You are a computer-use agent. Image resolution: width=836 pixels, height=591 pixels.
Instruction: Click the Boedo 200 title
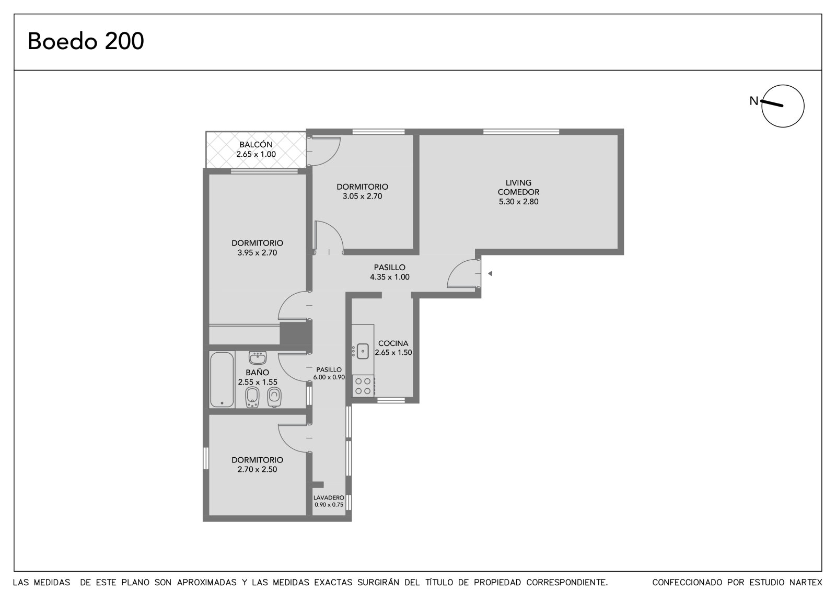tap(86, 41)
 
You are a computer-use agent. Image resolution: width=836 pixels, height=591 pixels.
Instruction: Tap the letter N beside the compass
tap(753, 101)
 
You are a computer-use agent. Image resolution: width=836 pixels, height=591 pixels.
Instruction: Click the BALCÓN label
tap(256, 144)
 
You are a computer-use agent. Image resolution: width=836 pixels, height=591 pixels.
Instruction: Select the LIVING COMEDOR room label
tap(518, 188)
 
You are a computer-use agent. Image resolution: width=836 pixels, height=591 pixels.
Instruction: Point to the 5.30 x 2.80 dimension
tap(518, 202)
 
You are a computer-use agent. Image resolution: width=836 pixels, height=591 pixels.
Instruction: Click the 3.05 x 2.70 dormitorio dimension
tap(363, 196)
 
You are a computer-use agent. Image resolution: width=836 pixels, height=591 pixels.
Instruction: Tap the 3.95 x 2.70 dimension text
tap(257, 253)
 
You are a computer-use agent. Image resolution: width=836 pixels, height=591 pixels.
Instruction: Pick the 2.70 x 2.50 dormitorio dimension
tap(257, 470)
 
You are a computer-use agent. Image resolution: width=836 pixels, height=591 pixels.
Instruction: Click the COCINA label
tap(393, 343)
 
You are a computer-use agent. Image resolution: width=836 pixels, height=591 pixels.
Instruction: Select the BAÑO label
tap(257, 372)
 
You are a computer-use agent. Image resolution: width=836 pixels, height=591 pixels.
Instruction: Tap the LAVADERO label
tap(329, 497)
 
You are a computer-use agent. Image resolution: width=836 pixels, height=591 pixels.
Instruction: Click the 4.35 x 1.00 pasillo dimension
tap(390, 277)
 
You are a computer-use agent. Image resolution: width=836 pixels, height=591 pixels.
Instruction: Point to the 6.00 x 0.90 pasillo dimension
tap(329, 377)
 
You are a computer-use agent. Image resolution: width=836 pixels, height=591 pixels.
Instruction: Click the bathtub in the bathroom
tap(222, 380)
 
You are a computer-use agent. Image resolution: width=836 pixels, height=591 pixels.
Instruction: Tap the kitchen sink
tap(363, 351)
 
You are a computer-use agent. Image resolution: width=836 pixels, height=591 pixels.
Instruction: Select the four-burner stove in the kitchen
tap(363, 386)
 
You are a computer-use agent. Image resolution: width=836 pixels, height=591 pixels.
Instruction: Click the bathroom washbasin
tap(257, 357)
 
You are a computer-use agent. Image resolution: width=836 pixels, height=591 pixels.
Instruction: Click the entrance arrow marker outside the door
tap(490, 274)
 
